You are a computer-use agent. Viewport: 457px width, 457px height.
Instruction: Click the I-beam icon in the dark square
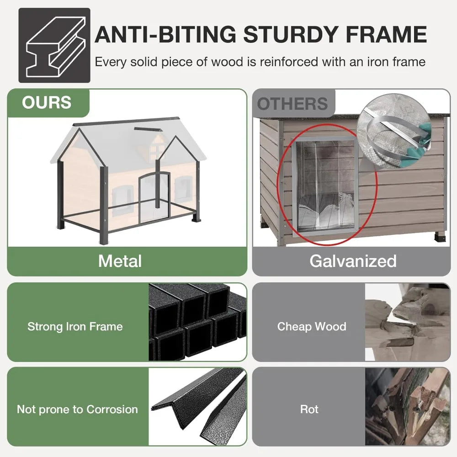(56, 46)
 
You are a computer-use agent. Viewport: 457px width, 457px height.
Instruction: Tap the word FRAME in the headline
(387, 35)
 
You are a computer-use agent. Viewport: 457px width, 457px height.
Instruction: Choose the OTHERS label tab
(293, 104)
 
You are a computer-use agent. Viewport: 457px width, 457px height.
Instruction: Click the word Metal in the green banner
(120, 261)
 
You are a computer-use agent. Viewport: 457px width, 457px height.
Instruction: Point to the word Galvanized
(353, 261)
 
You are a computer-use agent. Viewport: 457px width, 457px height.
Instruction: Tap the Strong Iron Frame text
(75, 326)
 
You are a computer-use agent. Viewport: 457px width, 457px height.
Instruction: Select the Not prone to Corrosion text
(77, 409)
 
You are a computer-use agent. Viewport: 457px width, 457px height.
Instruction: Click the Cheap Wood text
(312, 326)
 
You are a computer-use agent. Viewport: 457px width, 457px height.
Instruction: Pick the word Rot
(309, 409)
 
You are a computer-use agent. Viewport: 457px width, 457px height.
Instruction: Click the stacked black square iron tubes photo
(197, 322)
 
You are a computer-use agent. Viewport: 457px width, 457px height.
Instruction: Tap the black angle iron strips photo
(197, 407)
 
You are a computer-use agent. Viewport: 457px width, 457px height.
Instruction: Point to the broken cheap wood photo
(408, 322)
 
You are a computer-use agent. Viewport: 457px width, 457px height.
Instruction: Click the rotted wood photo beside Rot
(408, 407)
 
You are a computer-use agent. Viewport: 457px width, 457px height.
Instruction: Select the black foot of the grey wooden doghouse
(440, 236)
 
